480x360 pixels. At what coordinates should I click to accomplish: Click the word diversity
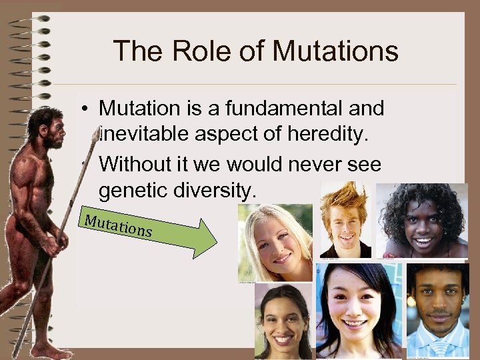[x=219, y=191]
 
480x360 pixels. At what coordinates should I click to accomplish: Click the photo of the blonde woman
[x=275, y=243]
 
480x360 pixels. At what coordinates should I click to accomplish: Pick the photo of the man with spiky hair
[x=345, y=221]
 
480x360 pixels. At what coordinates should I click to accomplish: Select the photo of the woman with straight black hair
[x=359, y=310]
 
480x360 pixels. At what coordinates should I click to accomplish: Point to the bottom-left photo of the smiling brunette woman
[x=283, y=322]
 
